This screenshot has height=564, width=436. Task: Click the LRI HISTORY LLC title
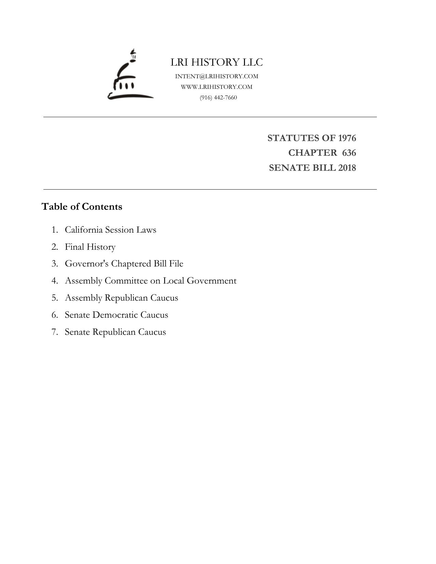pyautogui.click(x=217, y=62)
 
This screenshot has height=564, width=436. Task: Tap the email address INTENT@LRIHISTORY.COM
pyautogui.click(x=217, y=76)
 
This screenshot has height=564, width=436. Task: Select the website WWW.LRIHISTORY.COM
pyautogui.click(x=217, y=87)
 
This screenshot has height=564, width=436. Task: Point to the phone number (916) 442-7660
pyautogui.click(x=218, y=97)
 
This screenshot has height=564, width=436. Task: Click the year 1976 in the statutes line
pyautogui.click(x=347, y=138)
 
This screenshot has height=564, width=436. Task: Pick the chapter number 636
pyautogui.click(x=349, y=153)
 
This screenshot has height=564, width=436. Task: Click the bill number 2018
pyautogui.click(x=347, y=168)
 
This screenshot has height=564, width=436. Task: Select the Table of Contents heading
pyautogui.click(x=82, y=207)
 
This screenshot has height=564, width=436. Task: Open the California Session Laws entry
pyautogui.click(x=110, y=230)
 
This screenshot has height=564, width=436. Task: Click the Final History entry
pyautogui.click(x=90, y=247)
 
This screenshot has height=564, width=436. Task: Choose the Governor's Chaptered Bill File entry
pyautogui.click(x=124, y=264)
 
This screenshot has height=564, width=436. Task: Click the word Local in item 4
pyautogui.click(x=173, y=281)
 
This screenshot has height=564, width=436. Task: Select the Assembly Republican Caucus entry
pyautogui.click(x=121, y=298)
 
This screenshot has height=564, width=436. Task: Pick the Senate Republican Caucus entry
pyautogui.click(x=115, y=332)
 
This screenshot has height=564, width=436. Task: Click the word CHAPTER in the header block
pyautogui.click(x=312, y=153)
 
